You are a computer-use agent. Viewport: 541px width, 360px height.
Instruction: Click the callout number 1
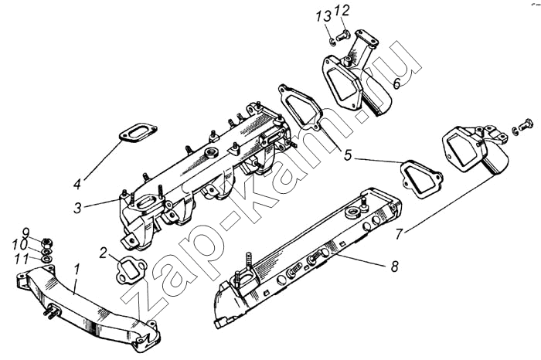pyautogui.click(x=77, y=270)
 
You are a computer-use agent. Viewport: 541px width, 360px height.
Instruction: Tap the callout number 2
pyautogui.click(x=103, y=253)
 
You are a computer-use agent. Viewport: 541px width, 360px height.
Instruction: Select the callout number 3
pyautogui.click(x=77, y=208)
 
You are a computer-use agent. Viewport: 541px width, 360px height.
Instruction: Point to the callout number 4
pyautogui.click(x=77, y=184)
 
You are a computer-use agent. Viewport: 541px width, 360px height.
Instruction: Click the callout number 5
pyautogui.click(x=348, y=155)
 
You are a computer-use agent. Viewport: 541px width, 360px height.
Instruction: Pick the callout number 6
pyautogui.click(x=396, y=83)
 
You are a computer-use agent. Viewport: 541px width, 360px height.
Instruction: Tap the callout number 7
pyautogui.click(x=400, y=235)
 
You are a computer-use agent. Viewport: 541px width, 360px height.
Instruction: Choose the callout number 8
pyautogui.click(x=395, y=267)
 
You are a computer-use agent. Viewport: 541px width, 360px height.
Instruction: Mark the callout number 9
pyautogui.click(x=26, y=232)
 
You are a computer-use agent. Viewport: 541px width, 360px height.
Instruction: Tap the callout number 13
pyautogui.click(x=323, y=16)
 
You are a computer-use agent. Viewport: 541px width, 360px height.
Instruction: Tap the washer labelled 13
pyautogui.click(x=332, y=42)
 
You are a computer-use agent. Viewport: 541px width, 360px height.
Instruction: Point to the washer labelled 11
pyautogui.click(x=47, y=258)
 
